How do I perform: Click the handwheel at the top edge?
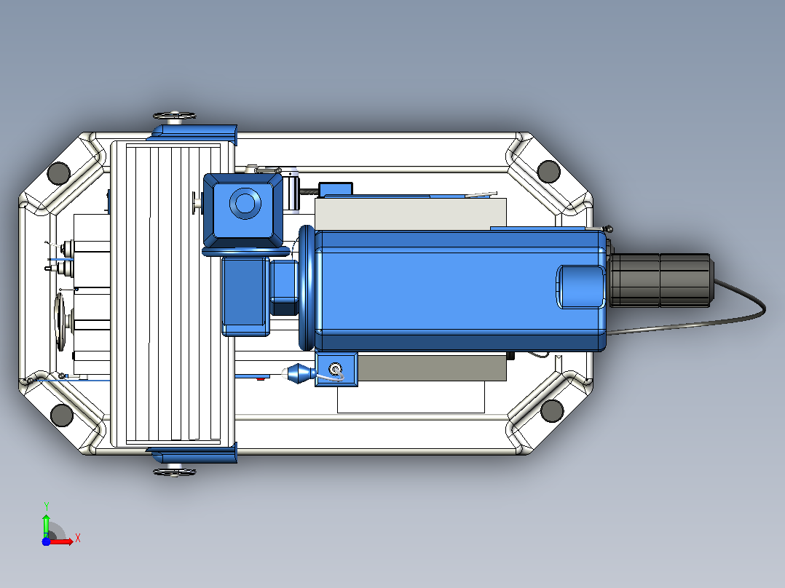pyautogui.click(x=174, y=116)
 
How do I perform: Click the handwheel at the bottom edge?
pyautogui.click(x=174, y=471)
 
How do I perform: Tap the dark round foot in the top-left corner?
pyautogui.click(x=58, y=173)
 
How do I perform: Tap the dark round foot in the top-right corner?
pyautogui.click(x=549, y=171)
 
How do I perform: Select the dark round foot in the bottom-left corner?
pyautogui.click(x=62, y=415)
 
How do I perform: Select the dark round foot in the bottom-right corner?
pyautogui.click(x=552, y=410)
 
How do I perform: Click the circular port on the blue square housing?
pyautogui.click(x=245, y=203)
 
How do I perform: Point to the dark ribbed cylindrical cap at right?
pyautogui.click(x=662, y=280)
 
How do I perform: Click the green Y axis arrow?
pyautogui.click(x=46, y=525)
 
